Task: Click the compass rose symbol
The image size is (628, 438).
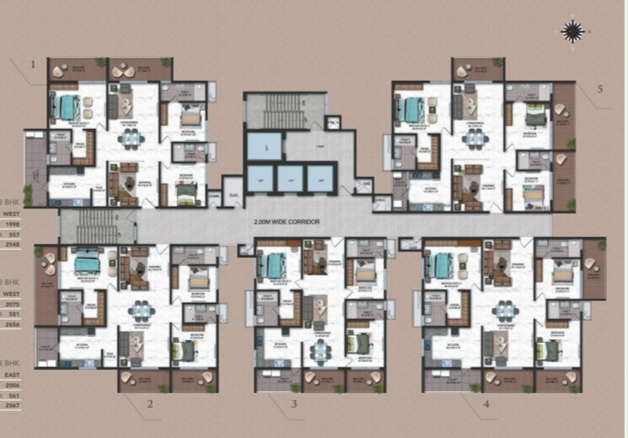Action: pos(573,30)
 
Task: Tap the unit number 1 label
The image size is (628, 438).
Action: pos(33,64)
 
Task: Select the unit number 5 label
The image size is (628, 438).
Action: pos(600,89)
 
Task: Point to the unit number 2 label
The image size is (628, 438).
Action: pos(149,403)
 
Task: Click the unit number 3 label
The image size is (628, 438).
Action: pos(294,404)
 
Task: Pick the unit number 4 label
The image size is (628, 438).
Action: pos(486,403)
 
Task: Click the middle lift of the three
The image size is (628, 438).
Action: pos(289,180)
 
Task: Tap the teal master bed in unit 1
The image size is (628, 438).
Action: pos(66,107)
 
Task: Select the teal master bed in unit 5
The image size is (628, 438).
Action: pos(412,110)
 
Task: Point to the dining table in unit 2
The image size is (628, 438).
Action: pos(137,311)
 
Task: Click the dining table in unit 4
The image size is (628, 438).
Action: pos(503,309)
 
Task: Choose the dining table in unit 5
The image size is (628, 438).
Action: pos(477,135)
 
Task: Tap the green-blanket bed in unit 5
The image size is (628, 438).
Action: pos(532,116)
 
